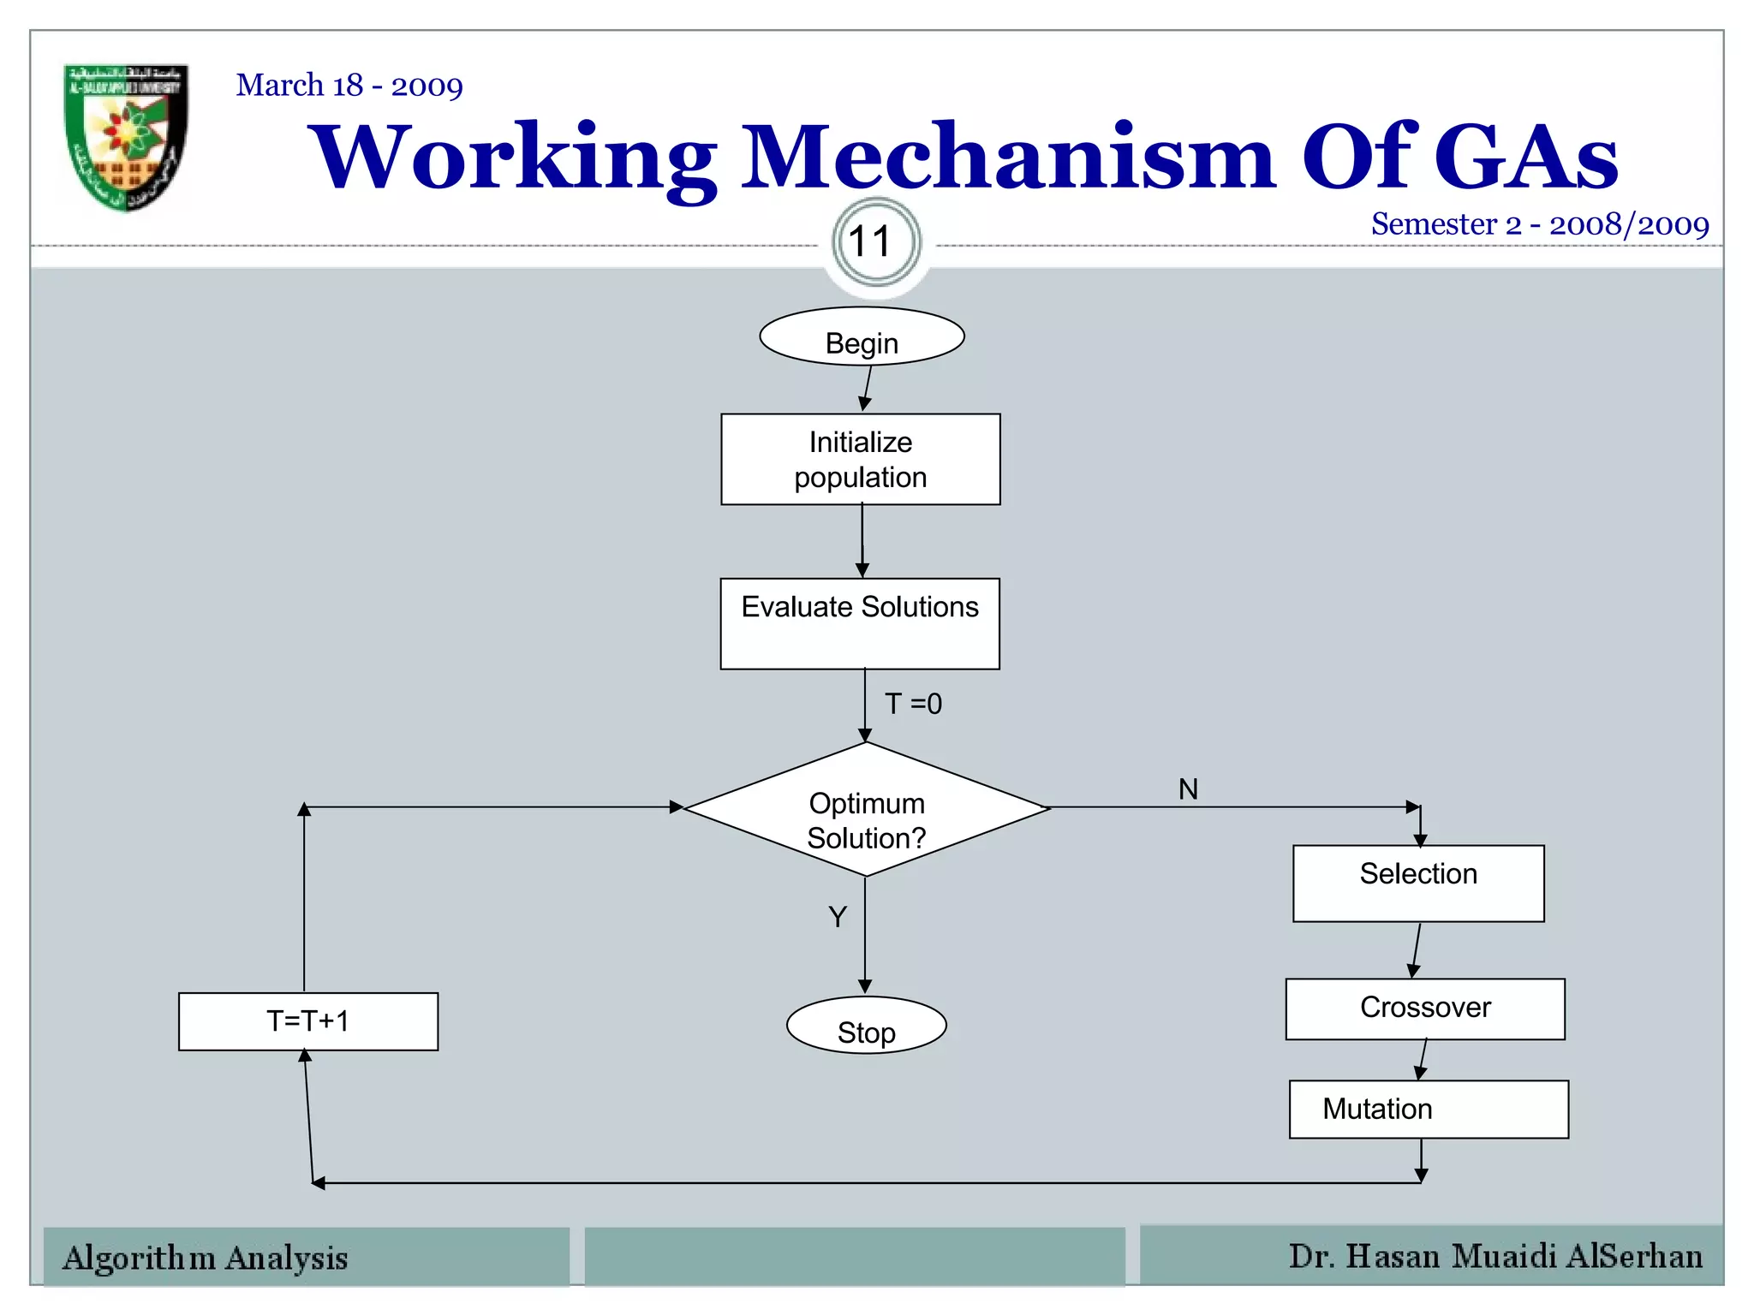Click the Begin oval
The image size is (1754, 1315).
(x=862, y=337)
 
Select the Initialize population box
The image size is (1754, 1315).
(x=861, y=460)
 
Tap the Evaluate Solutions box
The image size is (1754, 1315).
(x=860, y=623)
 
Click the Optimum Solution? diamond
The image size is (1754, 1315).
(x=867, y=810)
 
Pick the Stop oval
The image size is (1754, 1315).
(x=866, y=1025)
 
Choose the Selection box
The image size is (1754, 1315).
(x=1418, y=884)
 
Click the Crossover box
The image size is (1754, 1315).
(x=1425, y=1009)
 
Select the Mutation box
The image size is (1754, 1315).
(x=1429, y=1110)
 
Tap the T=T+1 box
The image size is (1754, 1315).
(x=308, y=1021)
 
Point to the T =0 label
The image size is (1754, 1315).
(x=913, y=704)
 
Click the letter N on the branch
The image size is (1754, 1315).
(x=1188, y=789)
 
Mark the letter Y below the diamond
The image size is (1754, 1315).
(x=838, y=917)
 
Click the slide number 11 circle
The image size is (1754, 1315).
(x=876, y=242)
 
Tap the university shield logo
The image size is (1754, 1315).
(x=126, y=137)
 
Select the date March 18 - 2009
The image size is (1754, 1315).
(x=349, y=86)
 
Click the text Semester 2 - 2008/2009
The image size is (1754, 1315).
(x=1540, y=224)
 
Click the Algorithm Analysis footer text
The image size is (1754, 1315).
(x=206, y=1258)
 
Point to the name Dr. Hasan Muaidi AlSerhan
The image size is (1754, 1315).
(x=1495, y=1256)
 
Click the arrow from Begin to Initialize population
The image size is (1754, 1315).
(x=868, y=388)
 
